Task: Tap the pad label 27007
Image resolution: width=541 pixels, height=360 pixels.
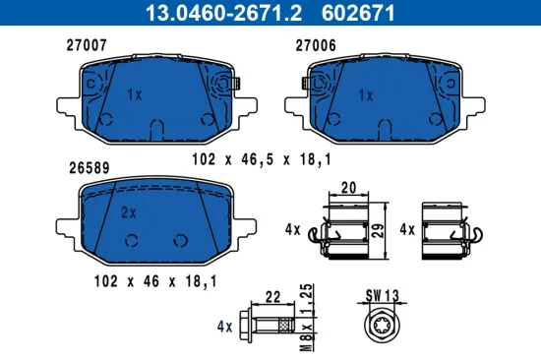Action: pos(86,45)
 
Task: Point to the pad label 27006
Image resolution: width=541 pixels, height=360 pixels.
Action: pos(316,45)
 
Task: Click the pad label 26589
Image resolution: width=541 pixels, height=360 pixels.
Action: pos(86,167)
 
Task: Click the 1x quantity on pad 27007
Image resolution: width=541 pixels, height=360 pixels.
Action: pos(135,94)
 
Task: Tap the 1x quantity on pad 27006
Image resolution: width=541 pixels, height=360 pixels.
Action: pos(366,95)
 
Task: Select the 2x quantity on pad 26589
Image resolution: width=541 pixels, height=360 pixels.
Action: pos(127,210)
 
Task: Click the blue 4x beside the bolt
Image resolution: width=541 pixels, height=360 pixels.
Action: pos(223,327)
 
